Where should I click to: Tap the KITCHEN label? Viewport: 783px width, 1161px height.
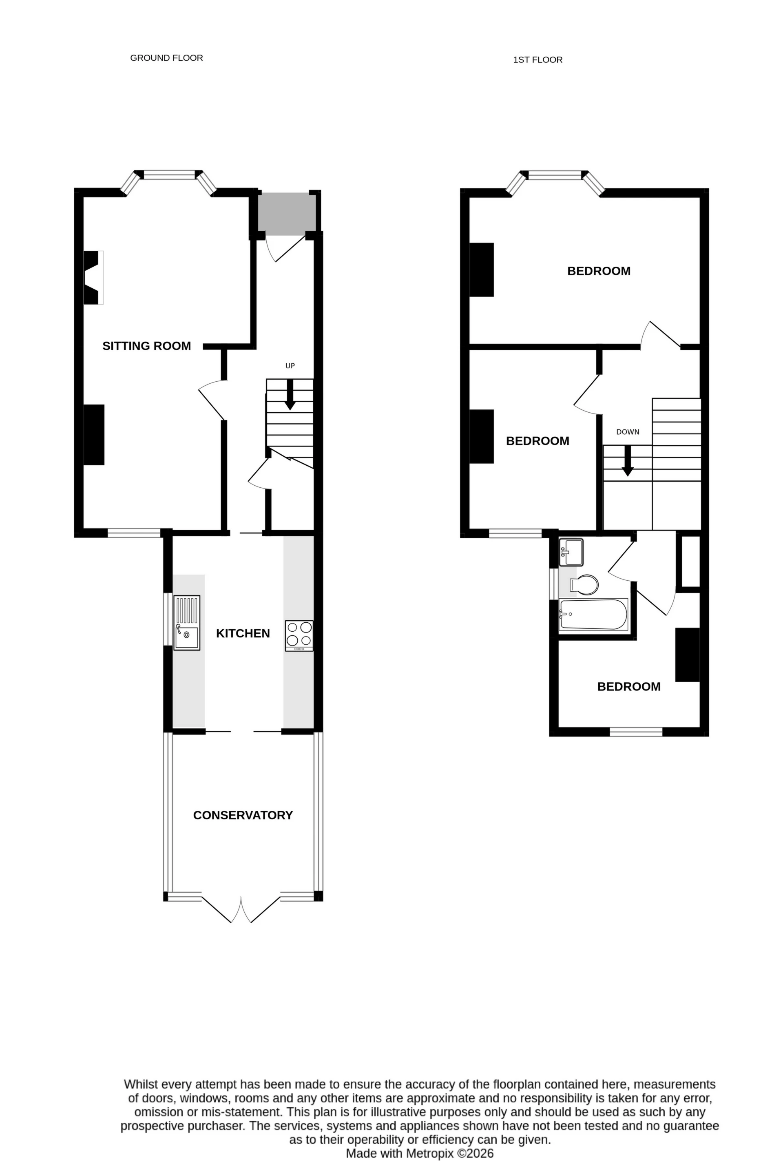pos(243,633)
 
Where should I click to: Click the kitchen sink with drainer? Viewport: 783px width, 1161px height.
pos(186,623)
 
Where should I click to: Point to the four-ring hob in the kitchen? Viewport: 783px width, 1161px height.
pos(299,635)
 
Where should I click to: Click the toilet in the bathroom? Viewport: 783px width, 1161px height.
pos(584,585)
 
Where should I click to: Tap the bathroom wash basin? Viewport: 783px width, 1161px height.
pos(571,552)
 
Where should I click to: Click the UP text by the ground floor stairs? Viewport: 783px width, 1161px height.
pos(290,365)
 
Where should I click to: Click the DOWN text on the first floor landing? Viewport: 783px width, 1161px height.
pos(628,432)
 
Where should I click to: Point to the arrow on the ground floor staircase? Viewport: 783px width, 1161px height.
pos(290,394)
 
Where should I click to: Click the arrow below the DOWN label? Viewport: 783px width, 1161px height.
pos(628,460)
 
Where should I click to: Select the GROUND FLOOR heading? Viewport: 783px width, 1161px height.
pos(166,58)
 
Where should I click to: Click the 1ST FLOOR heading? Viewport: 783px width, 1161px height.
pos(538,60)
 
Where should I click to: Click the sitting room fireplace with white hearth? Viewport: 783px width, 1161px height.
pos(93,278)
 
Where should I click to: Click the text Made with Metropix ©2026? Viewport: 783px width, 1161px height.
pos(420,1153)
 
